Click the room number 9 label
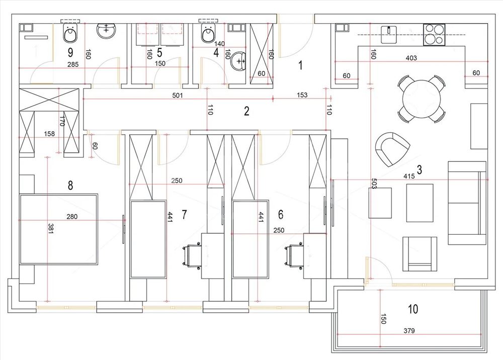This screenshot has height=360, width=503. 70,52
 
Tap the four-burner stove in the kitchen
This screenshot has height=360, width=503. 434,34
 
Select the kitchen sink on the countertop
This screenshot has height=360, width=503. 389,34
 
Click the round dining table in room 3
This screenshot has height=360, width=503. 422,99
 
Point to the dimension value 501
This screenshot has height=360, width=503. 178,95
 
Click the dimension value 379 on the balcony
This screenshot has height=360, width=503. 409,330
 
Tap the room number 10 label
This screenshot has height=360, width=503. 413,309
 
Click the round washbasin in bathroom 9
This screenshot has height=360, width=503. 106,31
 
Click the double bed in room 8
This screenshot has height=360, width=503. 59,229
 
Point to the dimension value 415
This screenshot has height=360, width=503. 409,176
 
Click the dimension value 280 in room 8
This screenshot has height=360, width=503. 72,217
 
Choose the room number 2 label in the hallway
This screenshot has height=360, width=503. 246,111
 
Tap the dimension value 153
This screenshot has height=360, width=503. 302,95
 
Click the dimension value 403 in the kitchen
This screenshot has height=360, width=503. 411,58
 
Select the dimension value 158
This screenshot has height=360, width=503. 49,134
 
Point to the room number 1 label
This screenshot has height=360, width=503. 300,65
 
